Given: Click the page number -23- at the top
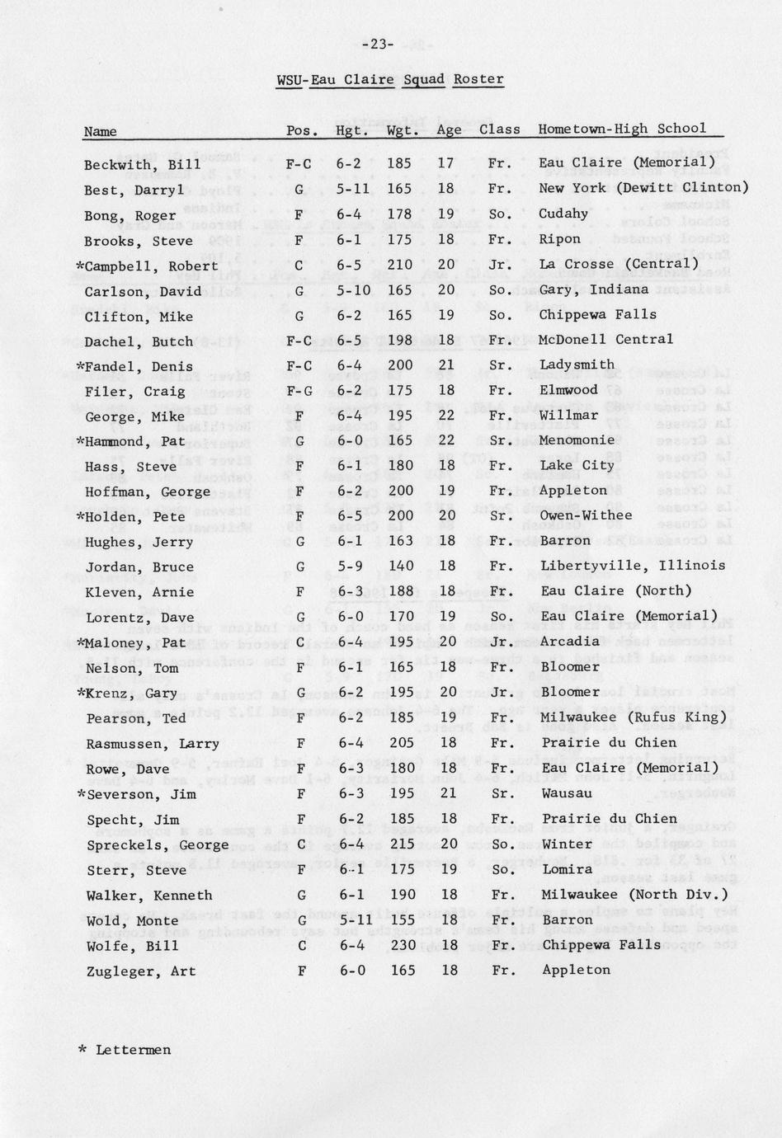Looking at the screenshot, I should pos(378,45).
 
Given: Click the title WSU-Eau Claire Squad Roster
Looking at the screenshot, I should pos(389,80).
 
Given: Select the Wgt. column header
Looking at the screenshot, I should pos(403,130).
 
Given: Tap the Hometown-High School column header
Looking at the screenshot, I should pos(622,129).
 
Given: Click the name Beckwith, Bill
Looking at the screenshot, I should pos(142,164).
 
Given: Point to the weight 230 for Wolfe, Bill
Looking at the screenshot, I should pos(402,945).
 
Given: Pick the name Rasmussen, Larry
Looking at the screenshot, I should pos(153,744).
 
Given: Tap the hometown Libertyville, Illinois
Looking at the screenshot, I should pos(633,566).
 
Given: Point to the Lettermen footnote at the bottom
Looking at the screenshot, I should pos(125,1050).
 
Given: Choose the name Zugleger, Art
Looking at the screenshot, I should pos(141,971).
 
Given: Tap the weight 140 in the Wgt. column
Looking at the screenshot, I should pos(400,567).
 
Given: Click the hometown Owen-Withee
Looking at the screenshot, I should pos(586,515).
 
